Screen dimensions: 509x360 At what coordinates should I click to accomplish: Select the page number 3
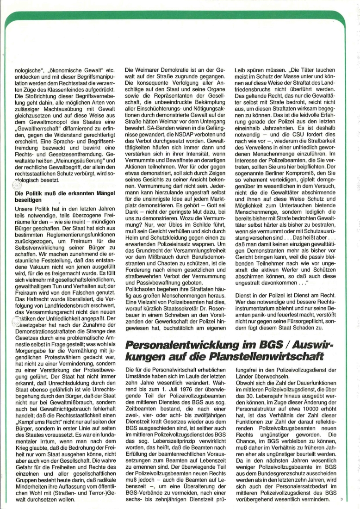tap(341, 499)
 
